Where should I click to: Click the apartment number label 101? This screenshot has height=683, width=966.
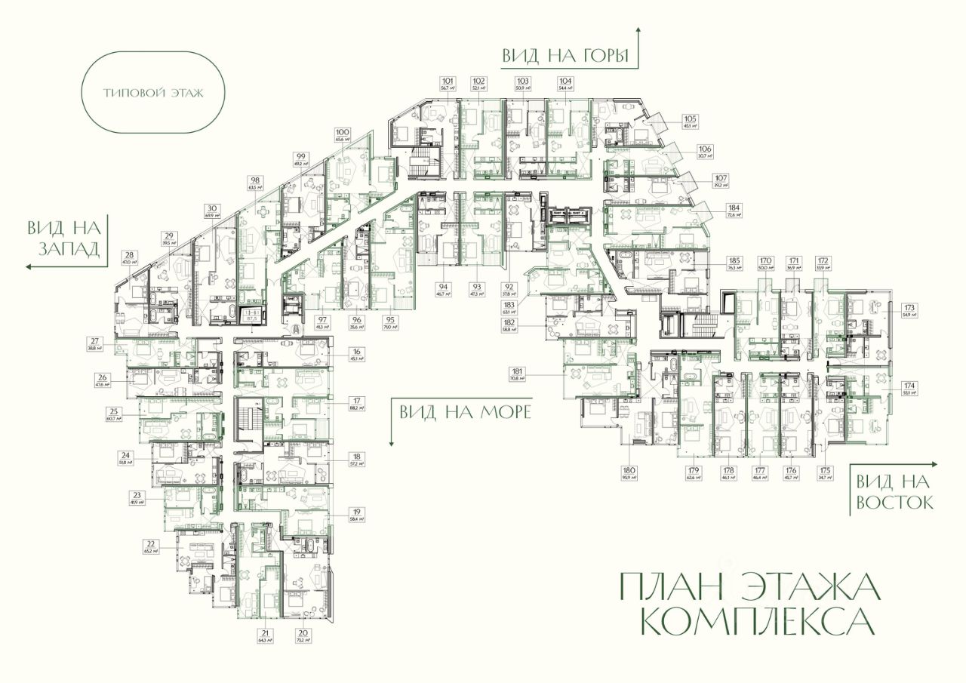coord(448,80)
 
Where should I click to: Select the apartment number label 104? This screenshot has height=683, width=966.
coord(565,80)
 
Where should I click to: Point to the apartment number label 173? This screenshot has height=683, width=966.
coord(909,306)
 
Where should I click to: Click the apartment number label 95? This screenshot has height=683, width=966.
coord(390,319)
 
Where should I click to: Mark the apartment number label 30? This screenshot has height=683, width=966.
coord(212,208)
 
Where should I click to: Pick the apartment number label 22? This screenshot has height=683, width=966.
coord(151,543)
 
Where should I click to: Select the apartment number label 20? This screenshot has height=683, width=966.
coord(303,632)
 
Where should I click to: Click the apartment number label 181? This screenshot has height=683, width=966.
coord(517,371)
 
